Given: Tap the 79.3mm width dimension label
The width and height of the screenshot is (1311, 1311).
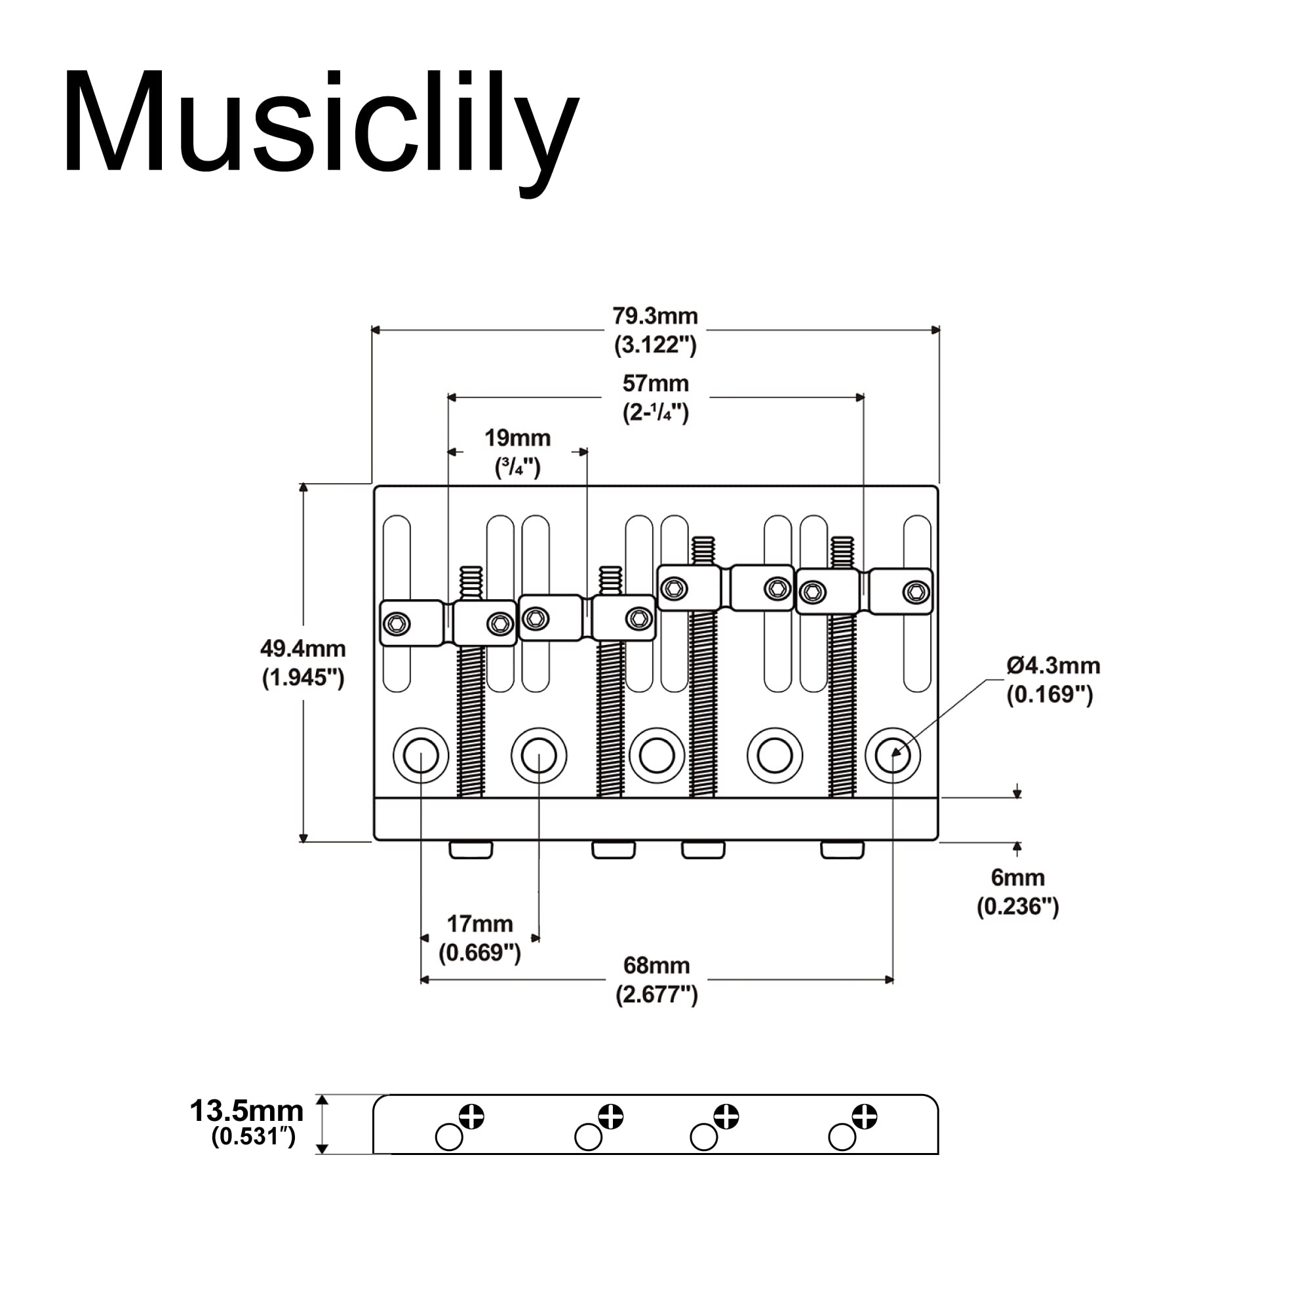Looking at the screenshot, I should pyautogui.click(x=655, y=317).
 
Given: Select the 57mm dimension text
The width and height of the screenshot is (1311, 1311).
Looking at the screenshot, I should pyautogui.click(x=655, y=384).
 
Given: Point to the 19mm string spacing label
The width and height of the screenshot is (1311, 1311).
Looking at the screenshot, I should pyautogui.click(x=517, y=439).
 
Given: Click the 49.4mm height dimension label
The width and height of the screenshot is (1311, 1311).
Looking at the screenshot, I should pyautogui.click(x=303, y=650).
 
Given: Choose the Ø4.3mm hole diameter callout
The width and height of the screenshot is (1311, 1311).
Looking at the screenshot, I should pyautogui.click(x=1053, y=667).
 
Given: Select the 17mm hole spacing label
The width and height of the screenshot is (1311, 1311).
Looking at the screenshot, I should pyautogui.click(x=479, y=924).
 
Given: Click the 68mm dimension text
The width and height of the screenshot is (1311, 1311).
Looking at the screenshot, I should pyautogui.click(x=656, y=966).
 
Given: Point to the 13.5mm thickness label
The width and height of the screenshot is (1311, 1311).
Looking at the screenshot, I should pyautogui.click(x=246, y=1112).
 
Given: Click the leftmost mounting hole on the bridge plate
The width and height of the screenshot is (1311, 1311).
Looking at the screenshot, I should pyautogui.click(x=421, y=755).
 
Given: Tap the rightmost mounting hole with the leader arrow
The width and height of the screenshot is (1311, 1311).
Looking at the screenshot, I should pyautogui.click(x=892, y=755).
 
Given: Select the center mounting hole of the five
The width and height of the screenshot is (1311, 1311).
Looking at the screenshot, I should pyautogui.click(x=656, y=755).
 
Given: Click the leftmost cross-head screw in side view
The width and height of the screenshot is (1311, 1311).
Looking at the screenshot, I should pyautogui.click(x=471, y=1116).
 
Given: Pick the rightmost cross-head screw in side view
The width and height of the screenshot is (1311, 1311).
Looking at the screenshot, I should pyautogui.click(x=865, y=1116).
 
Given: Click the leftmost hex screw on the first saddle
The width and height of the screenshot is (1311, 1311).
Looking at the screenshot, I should pyautogui.click(x=397, y=623).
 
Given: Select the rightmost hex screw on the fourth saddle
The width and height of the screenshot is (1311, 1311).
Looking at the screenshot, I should pyautogui.click(x=916, y=592).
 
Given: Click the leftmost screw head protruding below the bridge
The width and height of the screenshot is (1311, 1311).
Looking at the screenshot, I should pyautogui.click(x=471, y=849).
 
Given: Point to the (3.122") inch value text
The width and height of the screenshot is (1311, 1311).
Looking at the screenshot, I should pyautogui.click(x=655, y=345).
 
